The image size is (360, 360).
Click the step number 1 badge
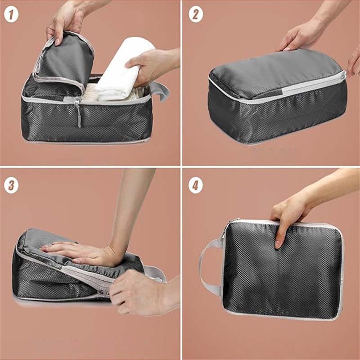tap(11, 15)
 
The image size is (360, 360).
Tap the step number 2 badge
tap(195, 15)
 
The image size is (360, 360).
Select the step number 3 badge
tap(11, 185)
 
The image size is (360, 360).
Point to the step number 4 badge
tap(195, 185)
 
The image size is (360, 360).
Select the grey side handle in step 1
tap(161, 90)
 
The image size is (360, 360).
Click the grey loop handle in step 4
tap(208, 265)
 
